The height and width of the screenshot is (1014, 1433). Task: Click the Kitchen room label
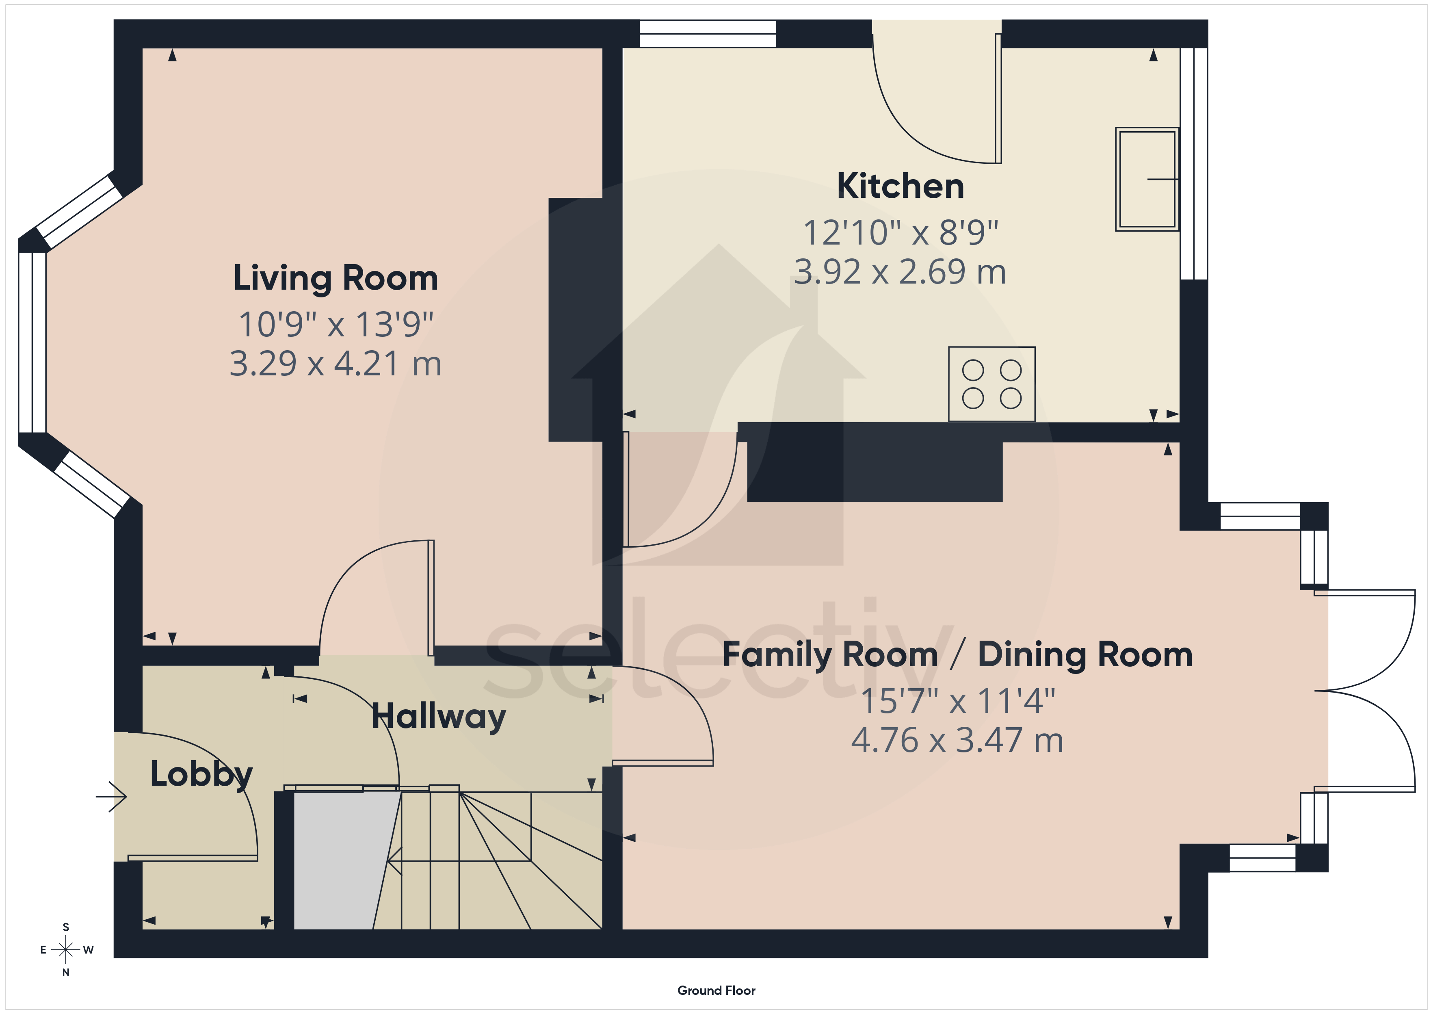pos(900,186)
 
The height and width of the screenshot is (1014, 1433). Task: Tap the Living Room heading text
pos(336,278)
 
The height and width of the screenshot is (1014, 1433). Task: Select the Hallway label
pos(439,717)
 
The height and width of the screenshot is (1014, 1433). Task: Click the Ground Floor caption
pos(716,990)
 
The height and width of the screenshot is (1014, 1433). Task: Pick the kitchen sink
pos(1147,179)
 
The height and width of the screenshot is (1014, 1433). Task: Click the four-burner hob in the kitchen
pos(992,384)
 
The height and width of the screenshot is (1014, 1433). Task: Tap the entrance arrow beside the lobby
pos(111,797)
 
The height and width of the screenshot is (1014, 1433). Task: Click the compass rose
pos(65,950)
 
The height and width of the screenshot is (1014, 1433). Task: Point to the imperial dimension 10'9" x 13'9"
pos(336,325)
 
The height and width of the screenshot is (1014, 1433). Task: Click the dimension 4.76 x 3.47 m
pos(957,741)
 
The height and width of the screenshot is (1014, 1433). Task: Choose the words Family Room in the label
pos(830,655)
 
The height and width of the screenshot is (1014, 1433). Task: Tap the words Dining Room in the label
pos(1085,655)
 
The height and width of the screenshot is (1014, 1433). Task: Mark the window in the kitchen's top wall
pos(708,34)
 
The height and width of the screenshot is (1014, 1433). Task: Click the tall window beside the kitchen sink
pos(1194,164)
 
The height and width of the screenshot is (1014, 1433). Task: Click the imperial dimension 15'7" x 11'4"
pos(957,701)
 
